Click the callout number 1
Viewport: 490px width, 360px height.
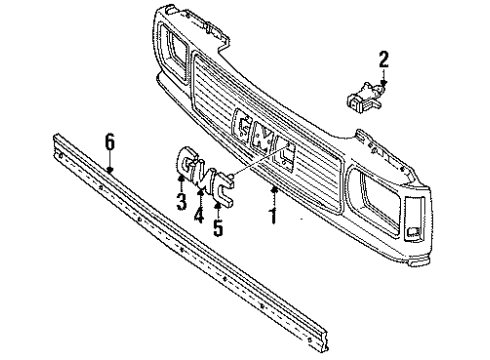[271, 215]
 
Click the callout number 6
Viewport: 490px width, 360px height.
[111, 143]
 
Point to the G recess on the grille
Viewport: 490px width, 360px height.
[244, 122]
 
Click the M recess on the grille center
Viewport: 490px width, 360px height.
[264, 137]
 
